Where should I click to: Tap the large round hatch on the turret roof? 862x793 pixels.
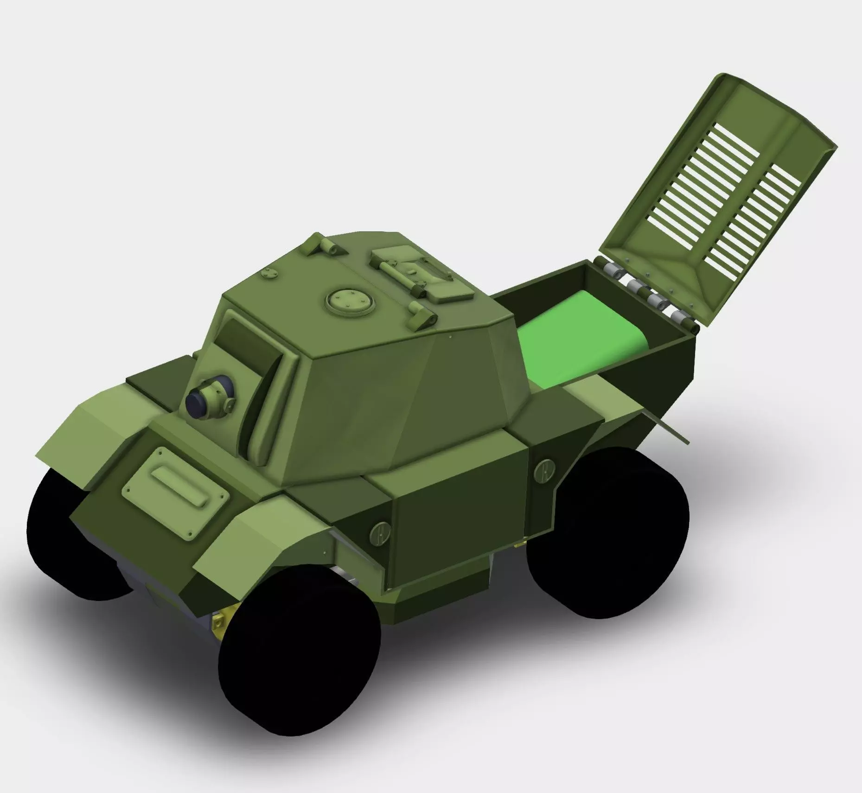click(x=350, y=300)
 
